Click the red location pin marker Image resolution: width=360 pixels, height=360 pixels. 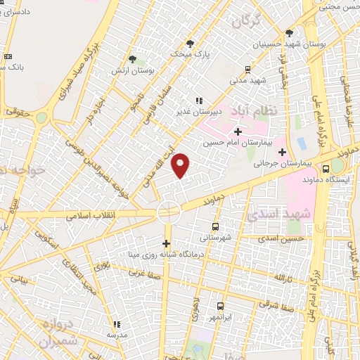(181, 165)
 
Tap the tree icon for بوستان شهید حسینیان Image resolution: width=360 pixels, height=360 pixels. (289, 32)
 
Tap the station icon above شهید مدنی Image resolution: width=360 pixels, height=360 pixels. (247, 69)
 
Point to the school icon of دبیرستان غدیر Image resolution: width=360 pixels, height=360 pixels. (200, 101)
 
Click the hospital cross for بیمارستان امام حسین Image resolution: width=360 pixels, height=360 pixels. (238, 131)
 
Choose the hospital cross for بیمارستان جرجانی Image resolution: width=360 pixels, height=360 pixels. (283, 151)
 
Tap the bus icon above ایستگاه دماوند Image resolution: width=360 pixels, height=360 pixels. (326, 169)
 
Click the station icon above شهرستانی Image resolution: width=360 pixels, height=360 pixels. (215, 226)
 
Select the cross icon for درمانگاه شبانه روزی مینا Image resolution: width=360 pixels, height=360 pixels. (167, 243)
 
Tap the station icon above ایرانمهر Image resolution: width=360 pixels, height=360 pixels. (220, 306)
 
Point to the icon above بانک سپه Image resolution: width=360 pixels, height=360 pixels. (8, 56)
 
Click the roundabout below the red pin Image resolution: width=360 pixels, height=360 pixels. (169, 209)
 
